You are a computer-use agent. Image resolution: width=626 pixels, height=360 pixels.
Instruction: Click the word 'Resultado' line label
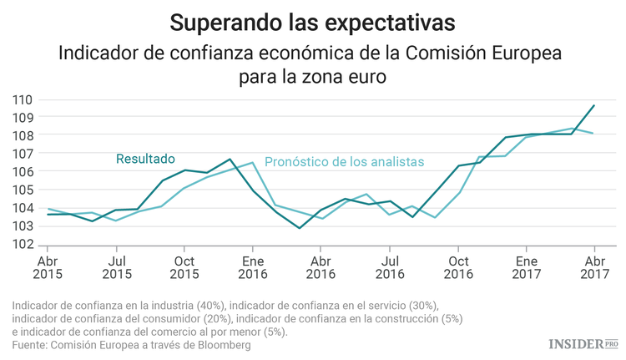[145, 158]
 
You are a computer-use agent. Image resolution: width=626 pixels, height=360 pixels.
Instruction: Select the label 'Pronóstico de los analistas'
[344, 161]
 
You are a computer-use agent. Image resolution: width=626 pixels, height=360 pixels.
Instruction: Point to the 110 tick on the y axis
[23, 99]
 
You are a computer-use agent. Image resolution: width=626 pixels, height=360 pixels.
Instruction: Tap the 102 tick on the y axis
[23, 245]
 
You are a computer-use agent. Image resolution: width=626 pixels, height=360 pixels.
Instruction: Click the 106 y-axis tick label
[23, 172]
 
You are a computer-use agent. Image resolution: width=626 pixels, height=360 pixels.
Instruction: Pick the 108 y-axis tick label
[23, 135]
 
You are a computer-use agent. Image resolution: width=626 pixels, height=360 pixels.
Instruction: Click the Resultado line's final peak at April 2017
[593, 105]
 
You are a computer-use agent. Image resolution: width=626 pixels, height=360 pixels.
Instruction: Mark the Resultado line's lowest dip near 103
[299, 228]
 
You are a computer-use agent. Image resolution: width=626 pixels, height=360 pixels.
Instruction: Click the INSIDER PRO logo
[583, 343]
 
